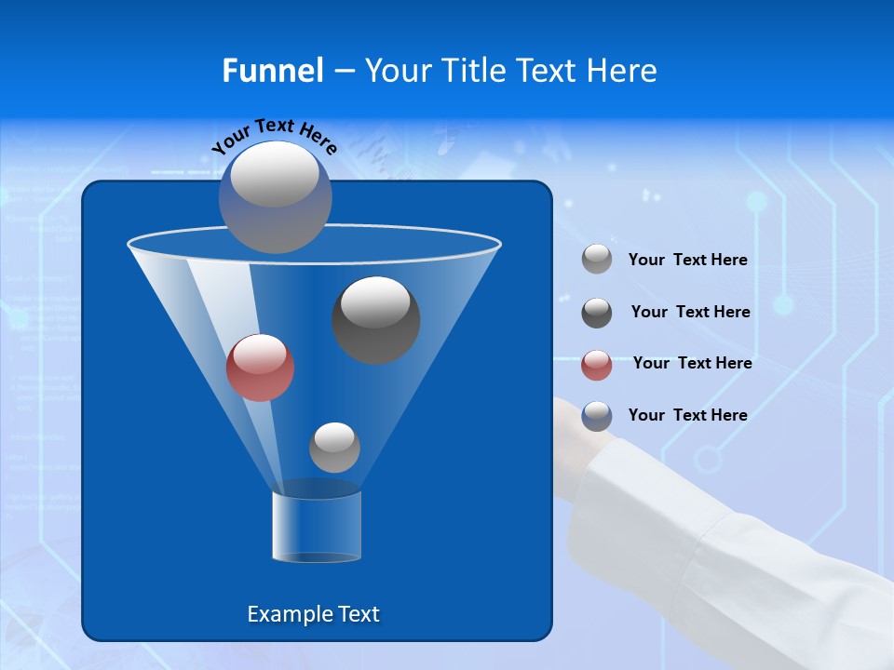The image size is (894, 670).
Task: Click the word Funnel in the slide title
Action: [x=272, y=71]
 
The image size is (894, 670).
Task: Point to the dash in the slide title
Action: [x=343, y=72]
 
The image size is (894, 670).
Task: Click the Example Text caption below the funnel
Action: [x=313, y=614]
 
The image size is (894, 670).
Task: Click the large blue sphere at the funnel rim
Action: [x=276, y=197]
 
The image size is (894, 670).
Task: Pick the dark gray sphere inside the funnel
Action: [x=376, y=320]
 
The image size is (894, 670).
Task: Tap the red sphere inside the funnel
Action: [x=260, y=368]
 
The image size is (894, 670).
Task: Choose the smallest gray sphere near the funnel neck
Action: [x=334, y=448]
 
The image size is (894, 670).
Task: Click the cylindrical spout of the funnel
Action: [x=317, y=527]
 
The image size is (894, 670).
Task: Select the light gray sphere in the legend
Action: [x=597, y=260]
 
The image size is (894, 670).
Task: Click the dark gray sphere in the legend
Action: [x=597, y=313]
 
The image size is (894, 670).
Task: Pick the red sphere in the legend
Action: [x=597, y=365]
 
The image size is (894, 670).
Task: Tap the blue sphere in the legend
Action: [x=597, y=416]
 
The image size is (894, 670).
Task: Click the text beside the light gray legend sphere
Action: [x=687, y=261]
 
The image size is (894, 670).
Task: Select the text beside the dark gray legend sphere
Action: [x=690, y=313]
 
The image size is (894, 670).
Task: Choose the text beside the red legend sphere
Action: [x=692, y=364]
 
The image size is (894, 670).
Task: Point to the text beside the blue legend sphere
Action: [x=687, y=415]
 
